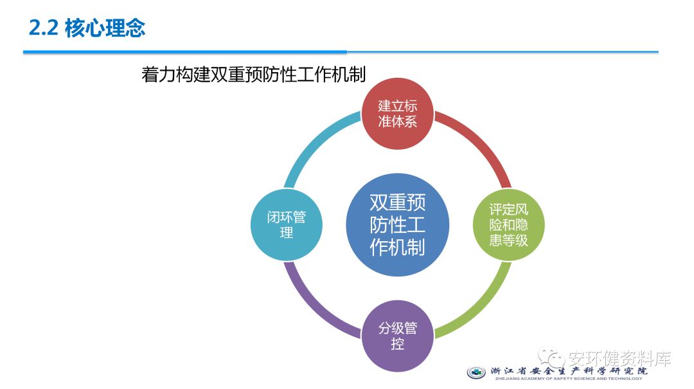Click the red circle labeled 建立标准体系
(398, 114)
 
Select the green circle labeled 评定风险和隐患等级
(508, 225)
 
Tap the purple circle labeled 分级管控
(398, 336)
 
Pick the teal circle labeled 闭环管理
(287, 225)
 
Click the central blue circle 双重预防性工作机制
(398, 225)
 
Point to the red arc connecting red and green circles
(479, 144)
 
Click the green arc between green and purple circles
(479, 306)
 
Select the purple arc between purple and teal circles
(316, 306)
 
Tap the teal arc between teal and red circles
(316, 144)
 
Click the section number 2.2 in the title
(44, 28)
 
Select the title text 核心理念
(105, 28)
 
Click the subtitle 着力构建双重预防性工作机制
(253, 75)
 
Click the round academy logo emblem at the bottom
(476, 373)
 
